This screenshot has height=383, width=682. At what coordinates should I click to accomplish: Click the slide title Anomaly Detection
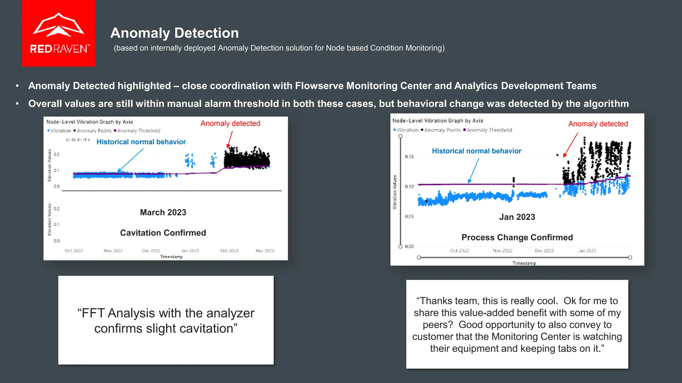174,33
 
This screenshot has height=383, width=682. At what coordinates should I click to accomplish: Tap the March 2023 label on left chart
163,212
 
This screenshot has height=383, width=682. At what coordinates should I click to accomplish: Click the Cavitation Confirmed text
163,233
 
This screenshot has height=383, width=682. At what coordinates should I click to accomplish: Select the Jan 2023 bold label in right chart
517,217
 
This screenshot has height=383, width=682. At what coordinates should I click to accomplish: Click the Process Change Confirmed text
517,237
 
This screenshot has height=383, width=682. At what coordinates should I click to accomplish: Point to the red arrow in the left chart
230,139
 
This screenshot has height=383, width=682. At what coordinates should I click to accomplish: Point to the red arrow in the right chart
570,145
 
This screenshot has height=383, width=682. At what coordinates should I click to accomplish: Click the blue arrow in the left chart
131,160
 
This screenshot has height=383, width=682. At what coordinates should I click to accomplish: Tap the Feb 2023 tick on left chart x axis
229,251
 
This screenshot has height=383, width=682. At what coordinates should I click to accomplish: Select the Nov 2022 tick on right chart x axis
502,251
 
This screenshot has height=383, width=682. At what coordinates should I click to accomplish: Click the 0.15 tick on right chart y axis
409,157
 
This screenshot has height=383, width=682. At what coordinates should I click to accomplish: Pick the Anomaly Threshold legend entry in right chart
489,130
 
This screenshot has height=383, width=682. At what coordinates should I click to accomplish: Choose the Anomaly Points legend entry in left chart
94,131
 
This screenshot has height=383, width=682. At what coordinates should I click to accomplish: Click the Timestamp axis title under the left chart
171,257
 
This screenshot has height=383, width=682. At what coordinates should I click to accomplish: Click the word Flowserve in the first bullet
319,86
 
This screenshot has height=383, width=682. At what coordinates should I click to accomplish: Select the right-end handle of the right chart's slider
630,257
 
